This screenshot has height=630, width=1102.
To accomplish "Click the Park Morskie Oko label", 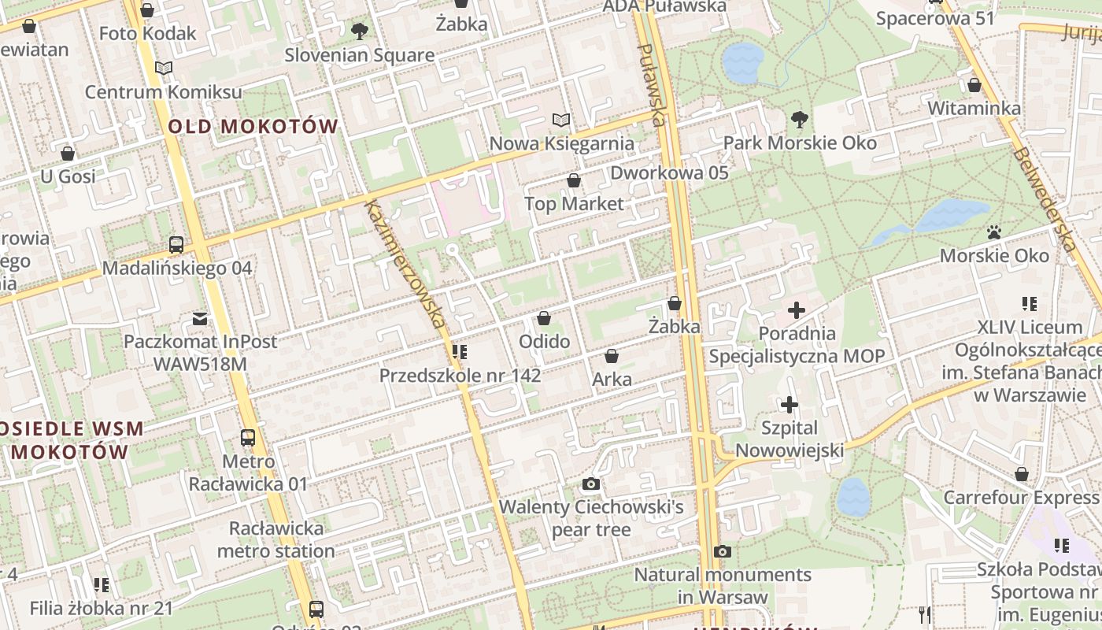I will tap(800, 143).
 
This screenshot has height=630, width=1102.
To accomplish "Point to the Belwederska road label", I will tap(1045, 200).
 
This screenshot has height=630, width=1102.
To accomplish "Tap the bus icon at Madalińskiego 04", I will tap(176, 245).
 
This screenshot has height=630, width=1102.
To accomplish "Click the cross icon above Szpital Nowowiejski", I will tap(789, 406).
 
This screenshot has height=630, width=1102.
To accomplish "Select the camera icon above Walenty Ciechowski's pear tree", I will tap(591, 484).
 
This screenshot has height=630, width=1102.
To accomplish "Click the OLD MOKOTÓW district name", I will tap(253, 126).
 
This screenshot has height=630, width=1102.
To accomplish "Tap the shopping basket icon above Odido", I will tap(543, 319).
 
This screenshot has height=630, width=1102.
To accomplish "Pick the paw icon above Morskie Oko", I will tap(994, 233).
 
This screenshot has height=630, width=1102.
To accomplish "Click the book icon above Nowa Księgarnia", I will tap(560, 120).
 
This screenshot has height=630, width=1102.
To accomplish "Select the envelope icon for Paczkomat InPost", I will tap(200, 319).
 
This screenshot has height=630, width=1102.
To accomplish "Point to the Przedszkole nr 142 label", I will tap(460, 376).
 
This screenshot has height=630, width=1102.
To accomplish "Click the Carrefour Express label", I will tap(1020, 498).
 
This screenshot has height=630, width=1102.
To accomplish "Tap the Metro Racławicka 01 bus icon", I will tap(248, 438).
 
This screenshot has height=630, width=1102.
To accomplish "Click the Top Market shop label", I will tap(574, 204).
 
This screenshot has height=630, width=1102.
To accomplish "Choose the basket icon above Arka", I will tap(612, 356).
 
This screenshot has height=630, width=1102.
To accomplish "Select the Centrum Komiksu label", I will tap(164, 92).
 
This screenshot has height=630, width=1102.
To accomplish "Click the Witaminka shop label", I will tap(974, 109).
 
